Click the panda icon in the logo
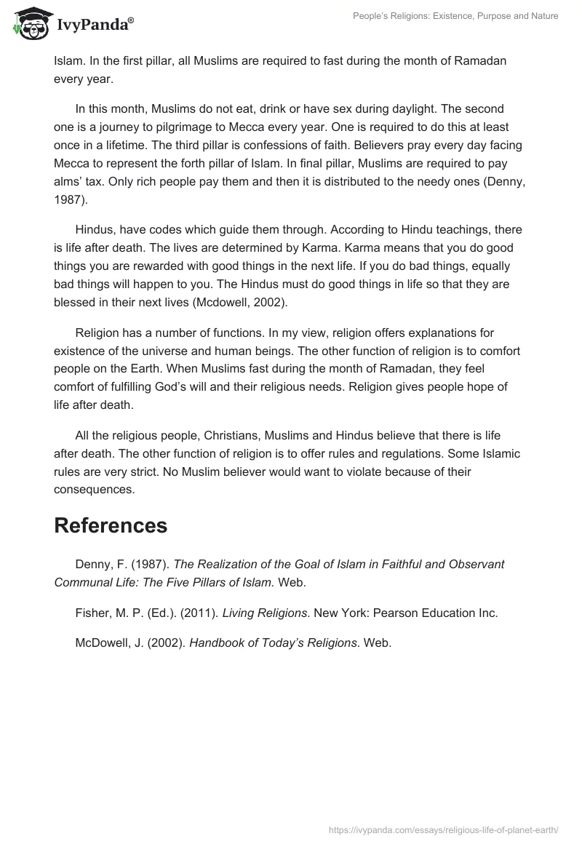tap(28, 23)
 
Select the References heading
tap(111, 525)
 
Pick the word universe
tap(160, 351)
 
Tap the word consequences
tap(94, 490)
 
